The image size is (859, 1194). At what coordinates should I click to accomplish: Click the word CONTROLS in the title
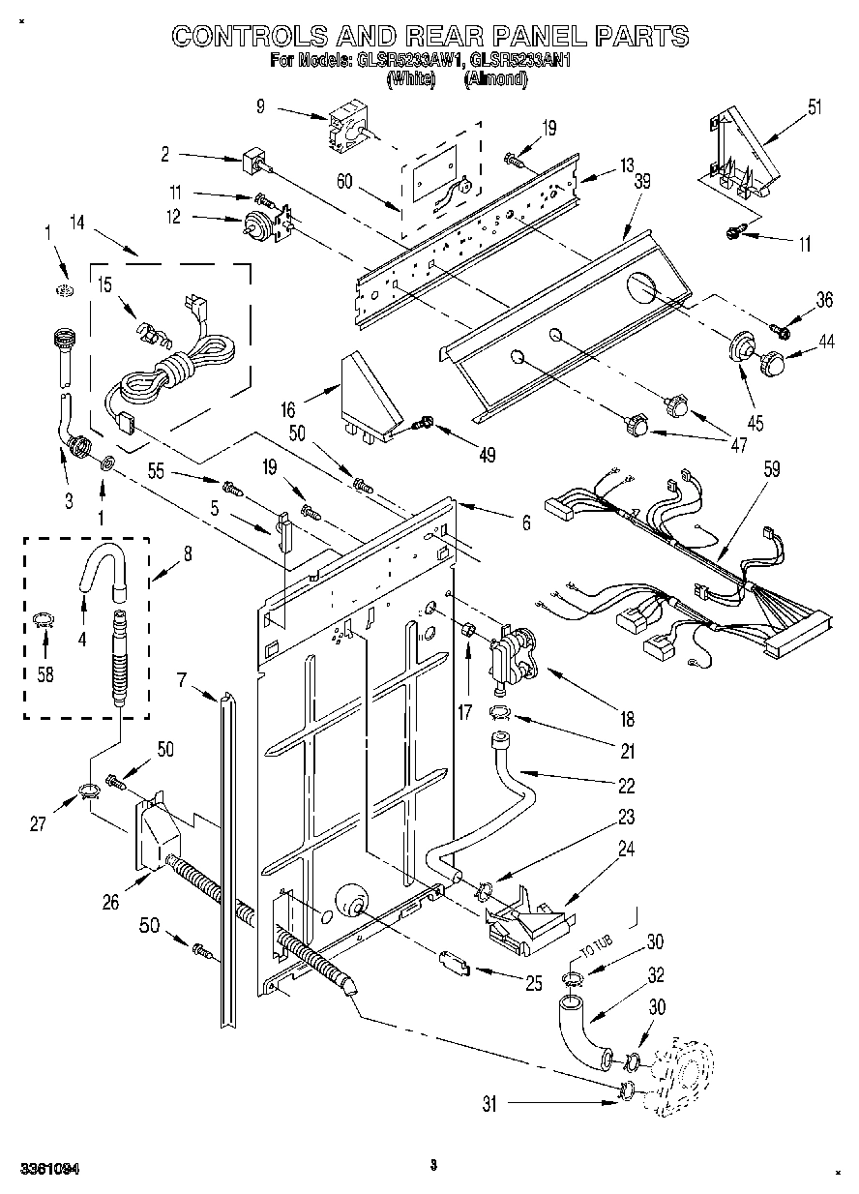pos(251,36)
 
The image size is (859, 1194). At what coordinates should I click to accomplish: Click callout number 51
pos(815,105)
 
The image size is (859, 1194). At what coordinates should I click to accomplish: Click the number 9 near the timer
pos(260,107)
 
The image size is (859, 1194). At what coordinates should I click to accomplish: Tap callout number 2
pos(165,152)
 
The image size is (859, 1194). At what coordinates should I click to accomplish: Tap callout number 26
pos(112,902)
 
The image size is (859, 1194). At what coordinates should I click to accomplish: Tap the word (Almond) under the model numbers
pos(495,81)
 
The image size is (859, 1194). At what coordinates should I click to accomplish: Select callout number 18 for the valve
pos(628,719)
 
